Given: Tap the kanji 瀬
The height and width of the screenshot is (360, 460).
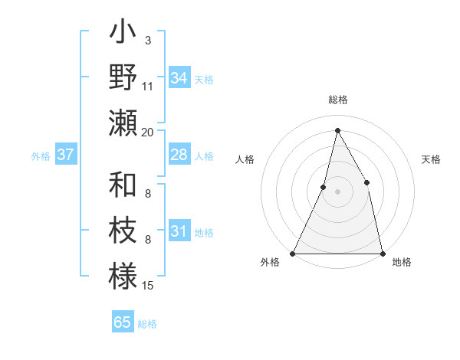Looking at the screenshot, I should coord(123,123).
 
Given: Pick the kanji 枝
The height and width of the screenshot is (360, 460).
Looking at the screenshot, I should coord(123,232).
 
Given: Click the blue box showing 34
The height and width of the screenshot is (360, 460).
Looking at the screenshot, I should coord(179,78).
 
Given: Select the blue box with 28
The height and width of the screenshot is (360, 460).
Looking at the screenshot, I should coord(179,155).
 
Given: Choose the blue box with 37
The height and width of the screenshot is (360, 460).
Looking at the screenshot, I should coord(65,155).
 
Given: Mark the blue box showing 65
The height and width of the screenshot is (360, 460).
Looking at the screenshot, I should coord(123,322).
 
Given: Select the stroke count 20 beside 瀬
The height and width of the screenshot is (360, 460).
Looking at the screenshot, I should coord(148,132).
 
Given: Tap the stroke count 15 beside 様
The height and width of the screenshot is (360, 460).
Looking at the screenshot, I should coord(148,286).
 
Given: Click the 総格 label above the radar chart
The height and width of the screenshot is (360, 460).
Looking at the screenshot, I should coord(337,100).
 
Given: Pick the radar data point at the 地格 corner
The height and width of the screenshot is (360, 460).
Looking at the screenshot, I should coord(382,253).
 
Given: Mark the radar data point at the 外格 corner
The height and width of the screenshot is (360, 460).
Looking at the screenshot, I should coord(293,253).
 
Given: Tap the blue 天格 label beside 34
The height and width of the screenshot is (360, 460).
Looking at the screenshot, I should coord(204,79).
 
